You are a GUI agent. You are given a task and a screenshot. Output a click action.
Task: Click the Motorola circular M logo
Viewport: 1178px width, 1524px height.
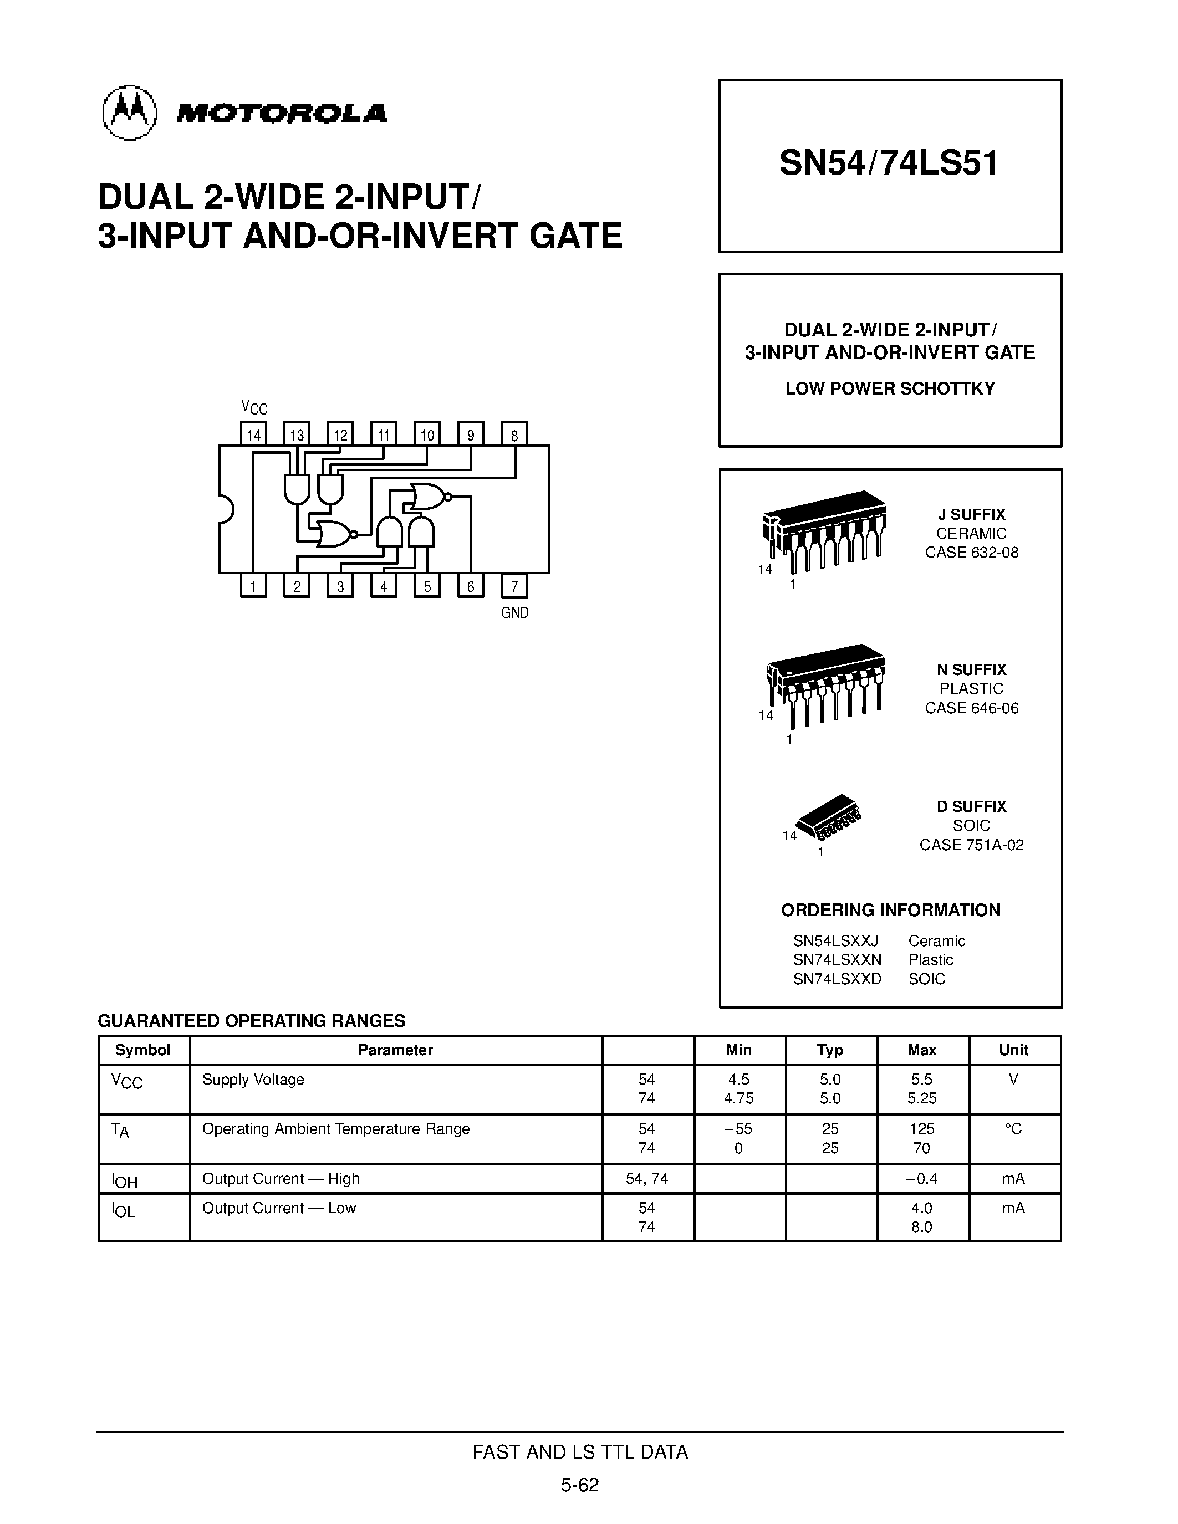129,113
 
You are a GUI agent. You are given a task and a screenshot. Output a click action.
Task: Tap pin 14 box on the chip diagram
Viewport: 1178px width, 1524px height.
253,434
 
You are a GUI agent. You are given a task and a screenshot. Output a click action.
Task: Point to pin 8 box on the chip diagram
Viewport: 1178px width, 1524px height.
514,434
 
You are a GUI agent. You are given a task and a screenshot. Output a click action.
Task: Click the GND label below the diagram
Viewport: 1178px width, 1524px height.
514,613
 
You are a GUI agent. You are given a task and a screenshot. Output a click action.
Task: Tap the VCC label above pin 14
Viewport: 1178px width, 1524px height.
254,407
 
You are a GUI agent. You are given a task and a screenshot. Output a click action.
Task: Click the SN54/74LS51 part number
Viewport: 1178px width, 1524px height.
889,164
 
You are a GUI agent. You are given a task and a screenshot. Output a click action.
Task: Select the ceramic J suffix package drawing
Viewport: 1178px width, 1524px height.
823,530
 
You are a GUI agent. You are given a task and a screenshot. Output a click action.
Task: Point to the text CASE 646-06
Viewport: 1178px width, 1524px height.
971,708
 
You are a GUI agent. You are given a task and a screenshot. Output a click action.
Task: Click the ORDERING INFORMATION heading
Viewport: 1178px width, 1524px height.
890,910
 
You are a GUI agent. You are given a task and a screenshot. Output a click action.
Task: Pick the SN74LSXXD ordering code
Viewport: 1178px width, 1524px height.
837,979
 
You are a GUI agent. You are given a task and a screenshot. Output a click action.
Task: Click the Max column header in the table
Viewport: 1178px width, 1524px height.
922,1050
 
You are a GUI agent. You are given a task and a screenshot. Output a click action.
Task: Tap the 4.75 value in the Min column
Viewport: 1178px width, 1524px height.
738,1098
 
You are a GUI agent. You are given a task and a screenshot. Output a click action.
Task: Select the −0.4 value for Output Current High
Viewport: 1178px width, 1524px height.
921,1179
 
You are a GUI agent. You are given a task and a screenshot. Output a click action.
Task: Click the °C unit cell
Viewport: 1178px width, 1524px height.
1013,1129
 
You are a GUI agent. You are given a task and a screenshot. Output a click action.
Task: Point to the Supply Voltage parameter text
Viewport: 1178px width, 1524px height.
253,1080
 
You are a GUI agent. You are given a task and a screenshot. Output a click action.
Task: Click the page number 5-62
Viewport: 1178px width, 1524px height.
580,1485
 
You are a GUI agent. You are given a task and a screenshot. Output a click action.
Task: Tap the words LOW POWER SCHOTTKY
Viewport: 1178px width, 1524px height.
890,388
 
